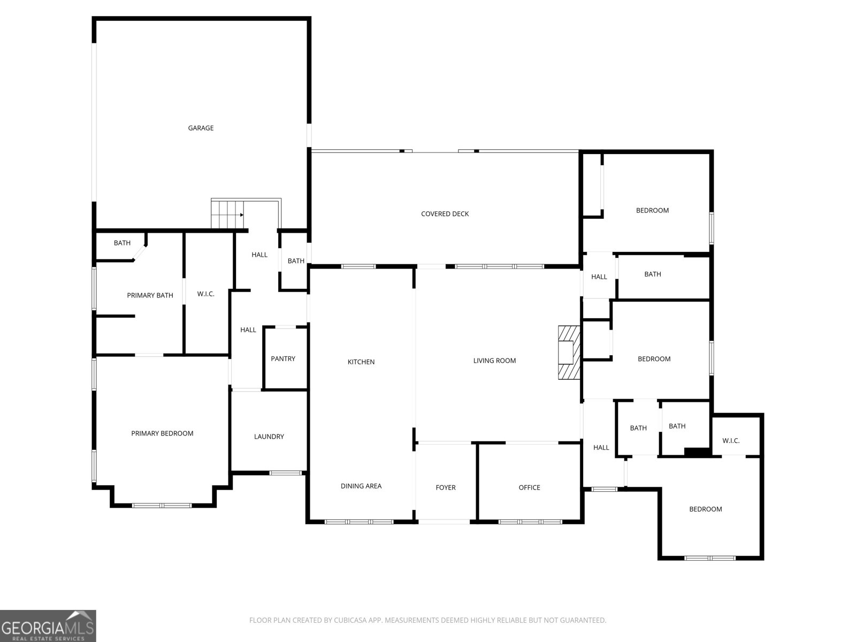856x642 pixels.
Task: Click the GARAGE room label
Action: [x=201, y=128]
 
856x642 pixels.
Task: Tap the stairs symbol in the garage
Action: [x=227, y=215]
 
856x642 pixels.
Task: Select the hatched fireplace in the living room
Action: [x=569, y=353]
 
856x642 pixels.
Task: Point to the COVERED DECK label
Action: [x=445, y=213]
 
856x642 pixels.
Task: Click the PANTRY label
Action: [x=283, y=358]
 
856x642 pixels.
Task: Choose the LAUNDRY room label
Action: [x=269, y=437]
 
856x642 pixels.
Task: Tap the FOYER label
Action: [x=446, y=487]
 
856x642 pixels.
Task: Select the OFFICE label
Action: [x=529, y=487]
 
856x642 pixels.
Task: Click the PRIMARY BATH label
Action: [x=150, y=295]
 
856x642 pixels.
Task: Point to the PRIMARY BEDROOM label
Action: [x=162, y=433]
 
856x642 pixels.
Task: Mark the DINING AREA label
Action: [x=361, y=486]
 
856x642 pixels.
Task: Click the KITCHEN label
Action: [x=361, y=362]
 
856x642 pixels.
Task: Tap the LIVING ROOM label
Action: [x=494, y=361]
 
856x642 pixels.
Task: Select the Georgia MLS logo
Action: [x=48, y=625]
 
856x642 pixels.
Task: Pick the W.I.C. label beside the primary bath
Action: [x=206, y=294]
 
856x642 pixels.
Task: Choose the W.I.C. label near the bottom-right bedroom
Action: [x=731, y=441]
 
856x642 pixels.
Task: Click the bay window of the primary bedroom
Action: [x=162, y=506]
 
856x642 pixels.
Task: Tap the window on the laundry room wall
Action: [x=286, y=473]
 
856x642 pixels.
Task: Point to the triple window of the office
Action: [x=530, y=522]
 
